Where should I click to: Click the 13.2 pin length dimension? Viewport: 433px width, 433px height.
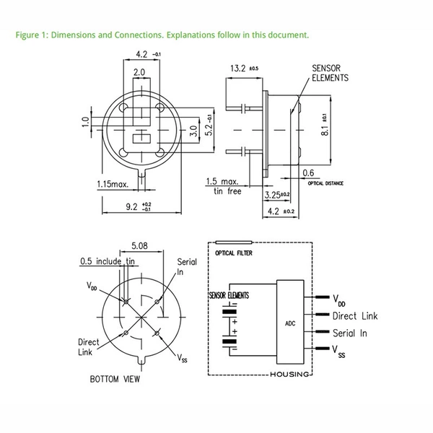[245, 69]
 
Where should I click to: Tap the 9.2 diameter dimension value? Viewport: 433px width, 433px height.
[139, 206]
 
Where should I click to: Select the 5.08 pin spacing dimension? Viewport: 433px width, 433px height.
[139, 245]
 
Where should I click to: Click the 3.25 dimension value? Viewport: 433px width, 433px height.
[277, 195]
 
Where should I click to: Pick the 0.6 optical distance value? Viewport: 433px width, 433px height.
[308, 173]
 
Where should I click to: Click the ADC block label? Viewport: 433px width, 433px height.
[290, 323]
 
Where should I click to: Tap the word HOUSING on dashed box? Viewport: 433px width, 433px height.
[289, 375]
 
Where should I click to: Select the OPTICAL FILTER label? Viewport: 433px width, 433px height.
[234, 253]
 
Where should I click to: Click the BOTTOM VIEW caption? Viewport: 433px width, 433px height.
[115, 379]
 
